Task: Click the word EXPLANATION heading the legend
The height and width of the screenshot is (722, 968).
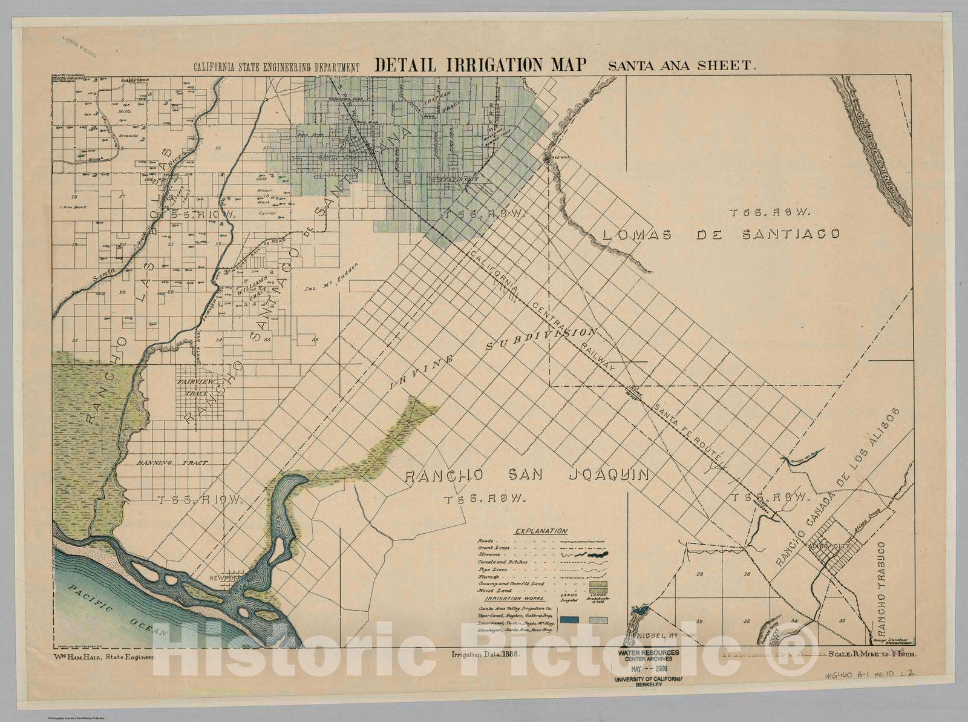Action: [541, 531]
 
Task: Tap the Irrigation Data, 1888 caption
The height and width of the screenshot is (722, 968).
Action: [486, 654]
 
